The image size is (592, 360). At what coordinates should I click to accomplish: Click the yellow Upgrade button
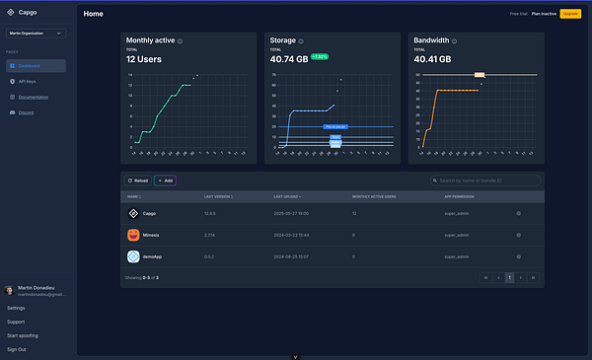click(570, 14)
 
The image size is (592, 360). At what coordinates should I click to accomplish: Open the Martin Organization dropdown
click(36, 34)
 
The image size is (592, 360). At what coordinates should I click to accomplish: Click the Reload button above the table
click(137, 180)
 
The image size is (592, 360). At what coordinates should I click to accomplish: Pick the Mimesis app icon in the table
click(133, 235)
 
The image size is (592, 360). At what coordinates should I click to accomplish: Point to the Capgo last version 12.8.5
click(210, 213)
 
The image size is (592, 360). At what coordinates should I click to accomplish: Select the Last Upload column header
click(287, 197)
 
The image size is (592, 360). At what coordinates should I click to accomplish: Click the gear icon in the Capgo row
click(518, 213)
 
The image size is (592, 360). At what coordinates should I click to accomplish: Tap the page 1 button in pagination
click(509, 278)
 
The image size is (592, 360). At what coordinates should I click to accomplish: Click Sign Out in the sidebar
click(17, 349)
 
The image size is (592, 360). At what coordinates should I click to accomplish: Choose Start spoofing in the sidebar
click(23, 335)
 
